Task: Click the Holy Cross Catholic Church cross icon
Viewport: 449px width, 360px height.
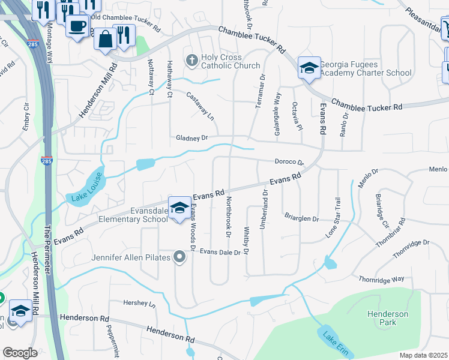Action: click(x=191, y=60)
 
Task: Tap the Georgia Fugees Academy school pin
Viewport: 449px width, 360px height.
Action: click(x=309, y=68)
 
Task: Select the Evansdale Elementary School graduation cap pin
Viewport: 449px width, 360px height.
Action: click(x=179, y=208)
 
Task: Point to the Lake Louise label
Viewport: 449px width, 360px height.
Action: click(x=88, y=187)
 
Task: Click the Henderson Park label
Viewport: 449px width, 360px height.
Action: click(x=388, y=318)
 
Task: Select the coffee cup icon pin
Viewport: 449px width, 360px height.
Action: click(x=77, y=26)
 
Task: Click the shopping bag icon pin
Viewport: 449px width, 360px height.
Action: click(x=105, y=39)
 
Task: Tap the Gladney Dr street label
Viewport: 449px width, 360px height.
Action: click(x=191, y=137)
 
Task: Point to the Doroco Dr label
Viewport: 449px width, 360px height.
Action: click(x=289, y=162)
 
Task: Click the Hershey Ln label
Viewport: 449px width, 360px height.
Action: click(x=139, y=303)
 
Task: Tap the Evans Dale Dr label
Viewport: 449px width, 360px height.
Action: click(x=220, y=252)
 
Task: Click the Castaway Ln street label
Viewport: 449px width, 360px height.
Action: click(x=200, y=106)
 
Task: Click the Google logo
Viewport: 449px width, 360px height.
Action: click(x=20, y=353)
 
